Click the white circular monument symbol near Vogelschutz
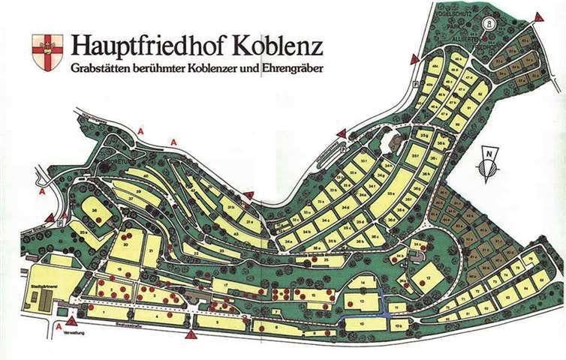(489, 23)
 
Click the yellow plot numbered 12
(425, 280)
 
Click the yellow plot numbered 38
(95, 211)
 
